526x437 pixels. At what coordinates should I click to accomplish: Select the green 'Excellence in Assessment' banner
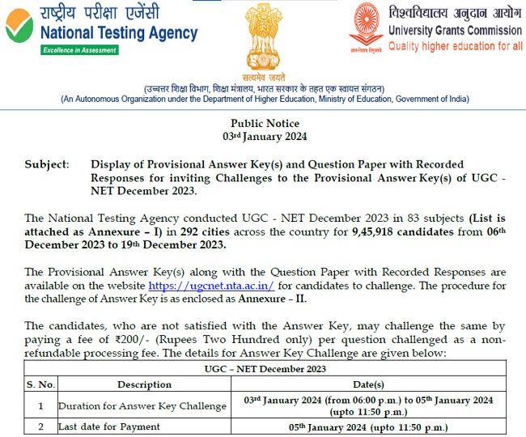(x=80, y=50)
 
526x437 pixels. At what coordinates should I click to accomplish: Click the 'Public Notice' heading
(x=265, y=124)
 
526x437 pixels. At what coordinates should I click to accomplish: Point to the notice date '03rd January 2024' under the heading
(x=265, y=137)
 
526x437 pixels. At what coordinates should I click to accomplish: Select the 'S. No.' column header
(x=41, y=384)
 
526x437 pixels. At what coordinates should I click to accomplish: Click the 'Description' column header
(x=144, y=384)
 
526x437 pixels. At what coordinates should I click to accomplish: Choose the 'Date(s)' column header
(x=369, y=384)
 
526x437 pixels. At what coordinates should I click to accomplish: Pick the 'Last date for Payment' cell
(x=109, y=426)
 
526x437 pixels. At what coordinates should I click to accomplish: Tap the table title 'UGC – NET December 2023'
(x=265, y=369)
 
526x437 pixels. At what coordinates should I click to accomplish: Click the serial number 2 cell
(x=40, y=426)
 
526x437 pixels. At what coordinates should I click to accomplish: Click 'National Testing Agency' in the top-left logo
(x=118, y=32)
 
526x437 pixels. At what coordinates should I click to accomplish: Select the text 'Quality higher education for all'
(x=456, y=45)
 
